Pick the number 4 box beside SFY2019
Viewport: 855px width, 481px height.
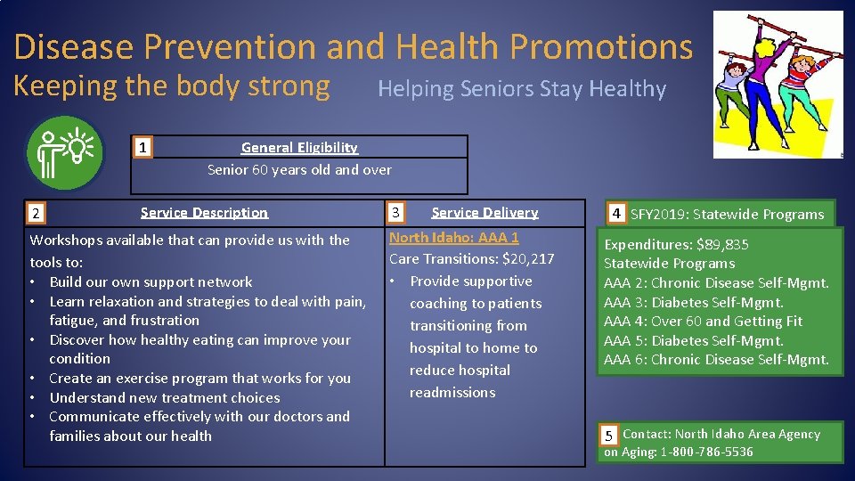616,214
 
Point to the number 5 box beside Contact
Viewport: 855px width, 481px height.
609,436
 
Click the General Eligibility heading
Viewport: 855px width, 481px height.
299,148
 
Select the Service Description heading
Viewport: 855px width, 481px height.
204,213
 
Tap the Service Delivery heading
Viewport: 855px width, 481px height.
484,213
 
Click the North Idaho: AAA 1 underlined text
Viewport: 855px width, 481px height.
453,238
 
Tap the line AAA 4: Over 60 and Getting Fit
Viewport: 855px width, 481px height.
703,322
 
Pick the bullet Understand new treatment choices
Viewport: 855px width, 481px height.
164,397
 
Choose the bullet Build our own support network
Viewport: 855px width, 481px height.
151,281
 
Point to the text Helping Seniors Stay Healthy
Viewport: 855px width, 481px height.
522,89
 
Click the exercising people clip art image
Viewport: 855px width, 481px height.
778,85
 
